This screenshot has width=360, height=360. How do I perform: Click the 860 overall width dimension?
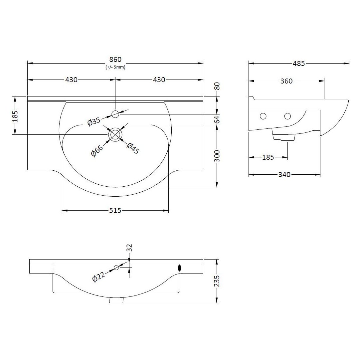(115, 60)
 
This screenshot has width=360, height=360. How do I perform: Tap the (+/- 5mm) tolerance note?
(115, 67)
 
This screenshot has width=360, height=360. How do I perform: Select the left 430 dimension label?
(71, 80)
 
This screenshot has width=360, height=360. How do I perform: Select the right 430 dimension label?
(159, 80)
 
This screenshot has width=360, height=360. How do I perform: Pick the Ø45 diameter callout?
(133, 148)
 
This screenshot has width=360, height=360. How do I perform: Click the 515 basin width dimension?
(115, 210)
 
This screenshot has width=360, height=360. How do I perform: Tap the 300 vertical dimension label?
(217, 155)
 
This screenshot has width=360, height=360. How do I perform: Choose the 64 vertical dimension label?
(217, 119)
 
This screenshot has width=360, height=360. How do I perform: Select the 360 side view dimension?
(286, 81)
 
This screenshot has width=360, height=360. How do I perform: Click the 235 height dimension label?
(217, 281)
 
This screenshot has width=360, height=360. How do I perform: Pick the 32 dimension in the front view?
(129, 248)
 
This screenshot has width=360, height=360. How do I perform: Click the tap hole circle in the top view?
(115, 114)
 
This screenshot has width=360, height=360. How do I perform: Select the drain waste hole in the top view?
(115, 134)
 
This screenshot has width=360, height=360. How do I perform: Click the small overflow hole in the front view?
(116, 268)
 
